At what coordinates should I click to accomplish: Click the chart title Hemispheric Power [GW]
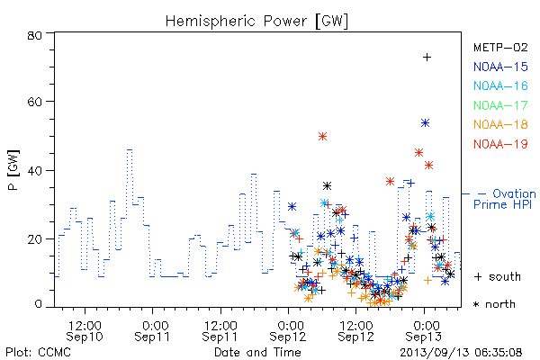pyautogui.click(x=256, y=22)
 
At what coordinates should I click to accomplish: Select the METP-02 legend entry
pyautogui.click(x=500, y=47)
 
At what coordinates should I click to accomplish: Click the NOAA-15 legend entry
pyautogui.click(x=500, y=67)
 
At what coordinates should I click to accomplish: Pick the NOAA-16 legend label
pyautogui.click(x=500, y=85)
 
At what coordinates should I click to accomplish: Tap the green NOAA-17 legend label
pyautogui.click(x=500, y=105)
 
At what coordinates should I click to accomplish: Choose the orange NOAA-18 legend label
pyautogui.click(x=500, y=124)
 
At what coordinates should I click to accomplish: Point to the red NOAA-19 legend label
pyautogui.click(x=500, y=144)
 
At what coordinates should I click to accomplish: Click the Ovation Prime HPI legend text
pyautogui.click(x=505, y=199)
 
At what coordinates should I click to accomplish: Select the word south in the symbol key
pyautogui.click(x=505, y=276)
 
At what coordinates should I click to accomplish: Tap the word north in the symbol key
pyautogui.click(x=500, y=304)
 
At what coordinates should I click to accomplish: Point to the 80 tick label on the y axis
pyautogui.click(x=35, y=35)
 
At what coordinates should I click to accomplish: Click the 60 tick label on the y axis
pyautogui.click(x=35, y=102)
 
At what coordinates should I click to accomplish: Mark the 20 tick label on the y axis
pyautogui.click(x=35, y=239)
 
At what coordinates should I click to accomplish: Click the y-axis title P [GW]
pyautogui.click(x=13, y=170)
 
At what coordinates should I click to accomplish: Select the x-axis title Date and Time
pyautogui.click(x=257, y=352)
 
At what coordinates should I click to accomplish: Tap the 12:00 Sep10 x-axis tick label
pyautogui.click(x=85, y=331)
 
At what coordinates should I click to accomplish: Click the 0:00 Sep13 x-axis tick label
pyautogui.click(x=424, y=331)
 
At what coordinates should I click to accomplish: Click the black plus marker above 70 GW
pyautogui.click(x=427, y=58)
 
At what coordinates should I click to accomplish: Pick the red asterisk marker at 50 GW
pyautogui.click(x=322, y=137)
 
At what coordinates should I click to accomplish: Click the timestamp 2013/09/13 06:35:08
pyautogui.click(x=461, y=353)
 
